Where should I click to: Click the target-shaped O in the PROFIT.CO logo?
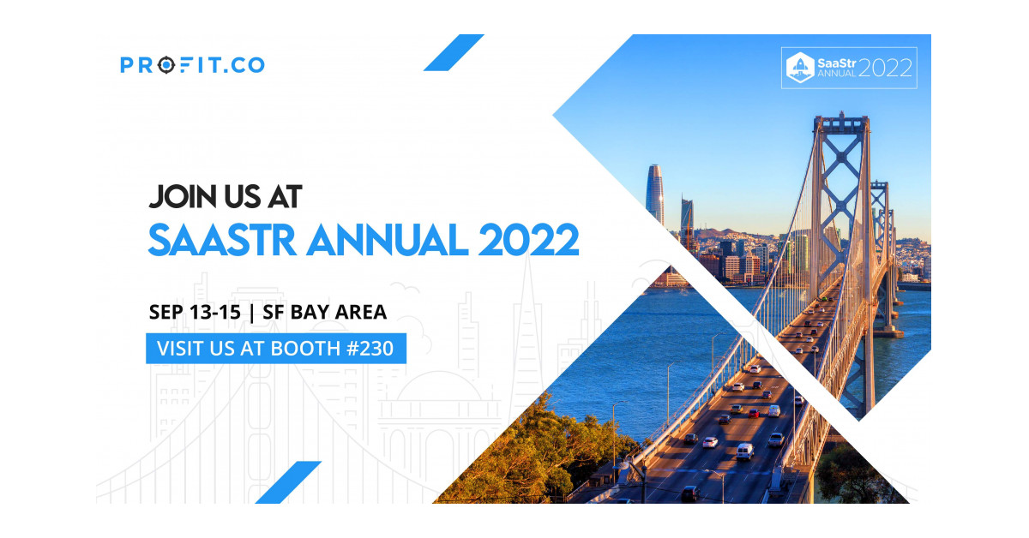pyautogui.click(x=166, y=65)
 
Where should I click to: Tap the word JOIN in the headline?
pyautogui.click(x=184, y=197)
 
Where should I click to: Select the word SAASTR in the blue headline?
pyautogui.click(x=222, y=240)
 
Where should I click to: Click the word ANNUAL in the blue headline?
pyautogui.click(x=388, y=240)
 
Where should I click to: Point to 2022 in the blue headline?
pyautogui.click(x=528, y=240)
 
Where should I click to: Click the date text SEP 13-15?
pyautogui.click(x=195, y=312)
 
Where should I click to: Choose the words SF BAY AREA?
pyautogui.click(x=324, y=312)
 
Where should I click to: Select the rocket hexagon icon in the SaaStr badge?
pyautogui.click(x=800, y=68)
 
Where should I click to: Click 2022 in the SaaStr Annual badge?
pyautogui.click(x=885, y=68)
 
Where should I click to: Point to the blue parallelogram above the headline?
pyautogui.click(x=454, y=52)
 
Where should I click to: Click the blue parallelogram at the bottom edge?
pyautogui.click(x=288, y=482)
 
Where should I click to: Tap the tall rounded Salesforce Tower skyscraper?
pyautogui.click(x=655, y=194)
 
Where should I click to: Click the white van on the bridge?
pyautogui.click(x=744, y=451)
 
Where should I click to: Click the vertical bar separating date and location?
pyautogui.click(x=251, y=313)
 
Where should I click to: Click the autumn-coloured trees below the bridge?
pyautogui.click(x=528, y=454)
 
